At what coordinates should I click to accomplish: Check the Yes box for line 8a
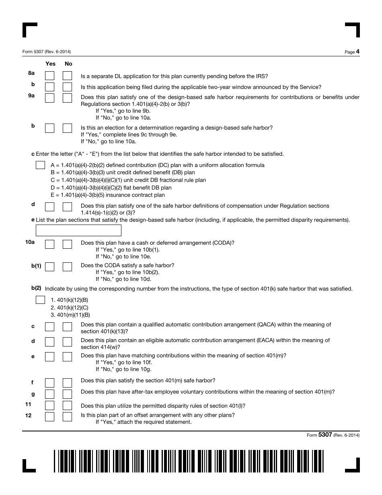click(x=49, y=76)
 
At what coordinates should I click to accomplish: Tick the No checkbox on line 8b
click(x=67, y=87)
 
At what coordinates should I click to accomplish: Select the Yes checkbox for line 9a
click(x=49, y=98)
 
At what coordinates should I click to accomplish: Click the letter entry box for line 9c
click(x=40, y=165)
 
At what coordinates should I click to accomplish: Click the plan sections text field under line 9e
click(x=78, y=230)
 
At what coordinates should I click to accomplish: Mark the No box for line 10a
click(x=67, y=244)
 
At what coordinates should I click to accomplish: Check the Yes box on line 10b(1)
click(x=49, y=266)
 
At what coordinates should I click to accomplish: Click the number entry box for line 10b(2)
click(x=40, y=300)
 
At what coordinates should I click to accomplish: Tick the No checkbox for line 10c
click(x=67, y=326)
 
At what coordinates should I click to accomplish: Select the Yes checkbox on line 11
click(x=49, y=405)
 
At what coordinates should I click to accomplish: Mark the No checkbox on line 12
click(x=67, y=417)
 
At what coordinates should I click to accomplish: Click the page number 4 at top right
click(x=357, y=52)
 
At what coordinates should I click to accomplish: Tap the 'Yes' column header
click(x=50, y=64)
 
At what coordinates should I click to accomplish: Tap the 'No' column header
click(x=68, y=64)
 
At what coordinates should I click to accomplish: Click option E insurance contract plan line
click(x=108, y=195)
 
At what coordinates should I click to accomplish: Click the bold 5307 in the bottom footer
click(x=325, y=435)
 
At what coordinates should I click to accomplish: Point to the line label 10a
click(x=30, y=242)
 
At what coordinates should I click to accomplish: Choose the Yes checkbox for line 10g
click(x=49, y=394)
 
